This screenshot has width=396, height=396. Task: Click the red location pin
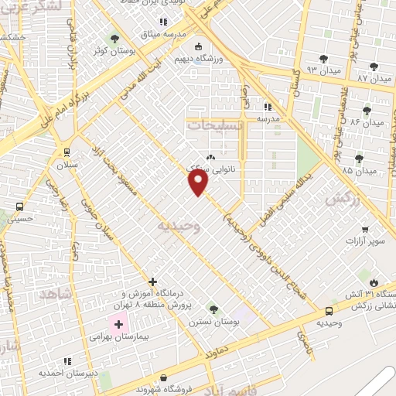[199, 182]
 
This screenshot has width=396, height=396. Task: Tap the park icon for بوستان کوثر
[115, 39]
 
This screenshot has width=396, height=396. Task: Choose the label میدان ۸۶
[366, 122]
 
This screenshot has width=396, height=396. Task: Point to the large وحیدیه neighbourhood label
[179, 225]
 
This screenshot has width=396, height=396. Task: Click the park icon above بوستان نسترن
[213, 309]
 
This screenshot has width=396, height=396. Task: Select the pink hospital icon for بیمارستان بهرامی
[118, 325]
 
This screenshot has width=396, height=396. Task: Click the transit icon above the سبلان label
[67, 152]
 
